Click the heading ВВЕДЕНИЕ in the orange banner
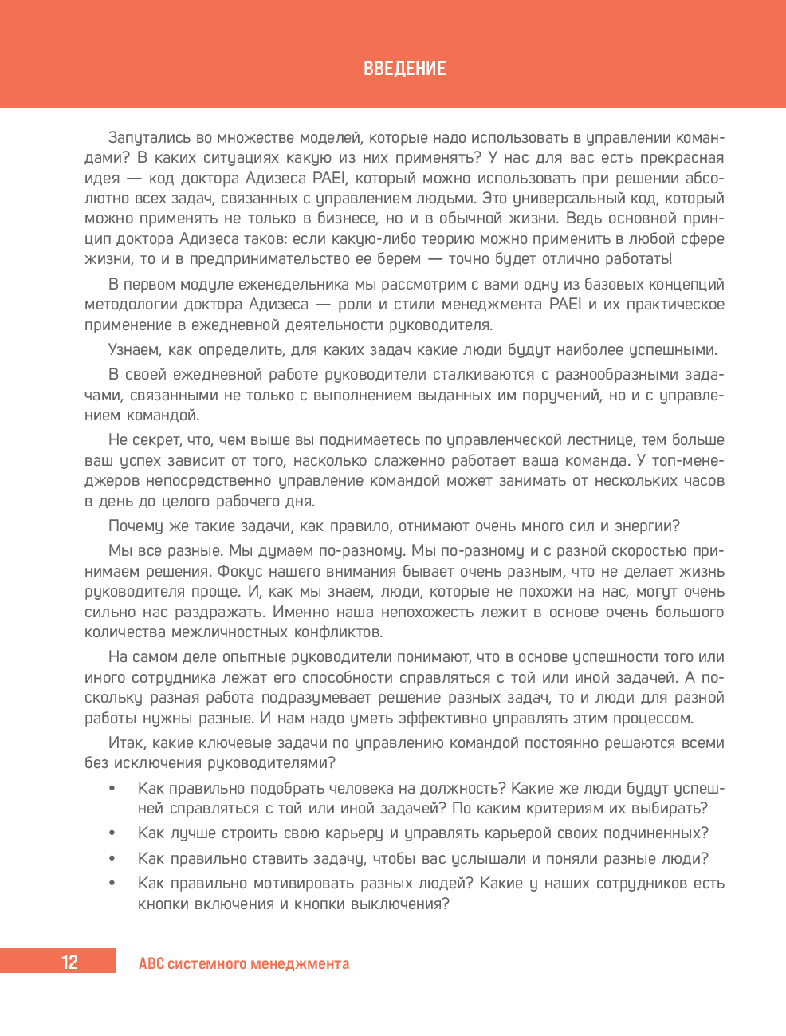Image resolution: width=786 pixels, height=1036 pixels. [404, 69]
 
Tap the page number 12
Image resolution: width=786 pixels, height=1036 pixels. [69, 963]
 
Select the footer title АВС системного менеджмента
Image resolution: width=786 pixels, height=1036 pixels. [244, 963]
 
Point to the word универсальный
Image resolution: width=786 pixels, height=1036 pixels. [586, 199]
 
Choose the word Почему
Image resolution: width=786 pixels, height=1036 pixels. [136, 526]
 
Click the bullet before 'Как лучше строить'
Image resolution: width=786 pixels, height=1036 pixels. [112, 833]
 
